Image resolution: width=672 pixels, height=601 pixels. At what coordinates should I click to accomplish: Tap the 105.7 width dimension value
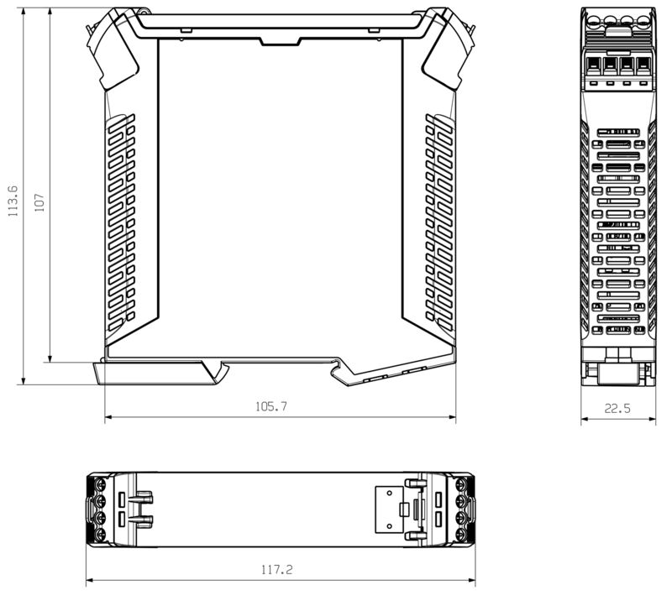point(270,406)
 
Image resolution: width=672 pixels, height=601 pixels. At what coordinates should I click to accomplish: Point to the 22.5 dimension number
point(617,409)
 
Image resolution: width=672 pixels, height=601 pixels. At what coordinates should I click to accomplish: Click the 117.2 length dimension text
point(276,570)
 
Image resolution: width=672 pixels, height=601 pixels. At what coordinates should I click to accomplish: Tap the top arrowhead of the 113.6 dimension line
point(24,13)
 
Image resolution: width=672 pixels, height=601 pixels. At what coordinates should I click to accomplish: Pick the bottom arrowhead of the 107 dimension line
point(50,358)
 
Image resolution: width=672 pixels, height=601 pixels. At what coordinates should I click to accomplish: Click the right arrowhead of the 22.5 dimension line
point(652,420)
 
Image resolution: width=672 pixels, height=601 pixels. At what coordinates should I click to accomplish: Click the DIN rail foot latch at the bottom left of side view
point(155,372)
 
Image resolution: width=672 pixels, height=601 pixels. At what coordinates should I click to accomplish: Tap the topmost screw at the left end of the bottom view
point(101,485)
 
